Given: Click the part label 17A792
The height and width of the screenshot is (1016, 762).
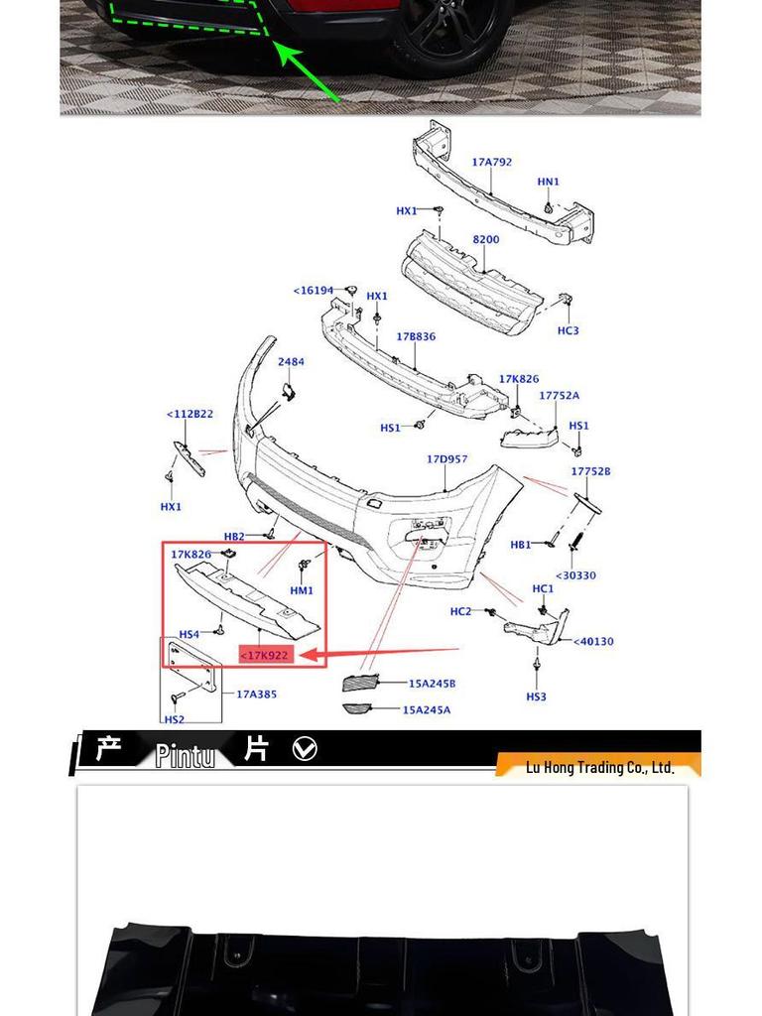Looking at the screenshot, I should click(x=491, y=162).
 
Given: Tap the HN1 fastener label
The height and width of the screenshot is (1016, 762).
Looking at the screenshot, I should click(x=548, y=182).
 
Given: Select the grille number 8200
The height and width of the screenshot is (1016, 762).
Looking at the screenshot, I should click(x=486, y=239).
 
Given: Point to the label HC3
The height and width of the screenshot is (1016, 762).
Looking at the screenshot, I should click(x=568, y=330).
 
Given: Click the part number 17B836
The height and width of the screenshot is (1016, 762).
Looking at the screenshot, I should click(x=416, y=336).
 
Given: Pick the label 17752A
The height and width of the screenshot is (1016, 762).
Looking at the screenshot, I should click(x=559, y=395).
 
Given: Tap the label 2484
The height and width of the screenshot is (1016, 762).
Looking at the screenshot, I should click(x=291, y=362).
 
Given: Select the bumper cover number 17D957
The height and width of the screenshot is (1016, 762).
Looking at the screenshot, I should click(x=446, y=459).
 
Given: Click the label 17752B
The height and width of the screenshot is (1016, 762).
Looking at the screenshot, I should click(x=590, y=471).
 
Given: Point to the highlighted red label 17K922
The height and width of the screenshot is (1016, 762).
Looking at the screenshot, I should click(x=266, y=655).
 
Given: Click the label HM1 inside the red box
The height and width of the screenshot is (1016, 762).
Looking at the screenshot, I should click(x=302, y=590).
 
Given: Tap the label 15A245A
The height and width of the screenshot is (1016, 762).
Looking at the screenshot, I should click(x=427, y=709).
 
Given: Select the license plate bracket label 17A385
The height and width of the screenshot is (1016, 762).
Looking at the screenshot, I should click(x=256, y=694).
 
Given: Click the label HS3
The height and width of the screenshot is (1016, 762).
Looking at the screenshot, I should click(x=536, y=697).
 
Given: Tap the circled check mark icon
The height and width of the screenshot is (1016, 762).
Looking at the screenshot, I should click(x=306, y=749).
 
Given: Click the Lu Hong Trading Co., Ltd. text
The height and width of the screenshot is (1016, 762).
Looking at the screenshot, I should click(x=599, y=767).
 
